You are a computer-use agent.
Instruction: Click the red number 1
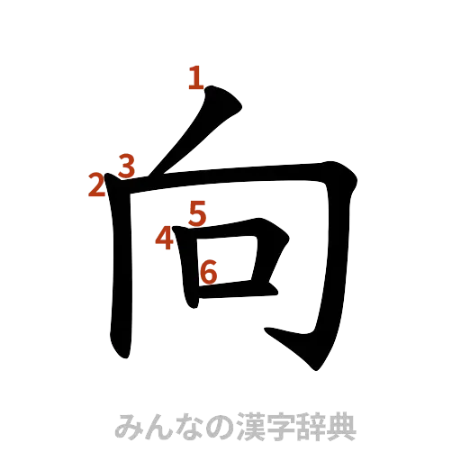195,79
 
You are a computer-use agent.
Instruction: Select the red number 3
126,166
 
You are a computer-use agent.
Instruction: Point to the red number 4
164,239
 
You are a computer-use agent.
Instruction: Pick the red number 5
198,213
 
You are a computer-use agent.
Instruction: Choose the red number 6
208,270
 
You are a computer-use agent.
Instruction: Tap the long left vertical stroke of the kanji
122,270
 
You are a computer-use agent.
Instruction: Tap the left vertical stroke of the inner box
190,270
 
